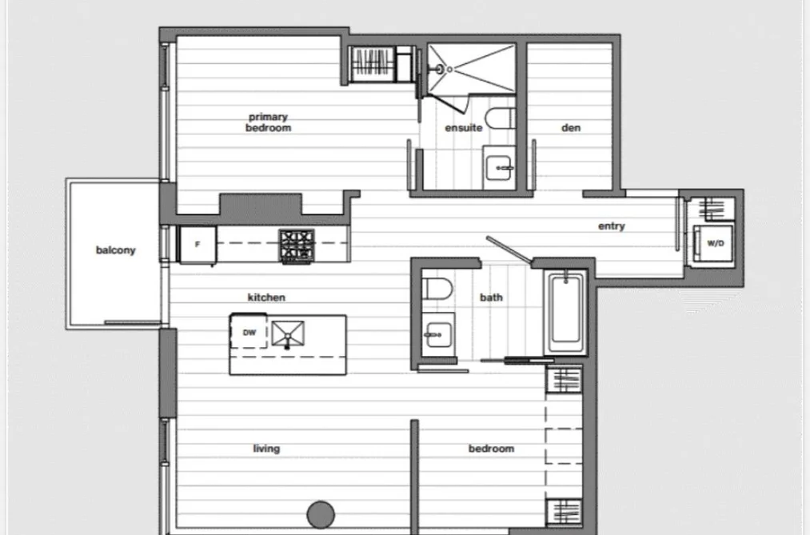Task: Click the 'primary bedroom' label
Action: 268,122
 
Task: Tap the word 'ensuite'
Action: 464,128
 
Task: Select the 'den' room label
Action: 571,128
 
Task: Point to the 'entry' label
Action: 612,226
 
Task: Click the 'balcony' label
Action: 116,250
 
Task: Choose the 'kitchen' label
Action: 266,297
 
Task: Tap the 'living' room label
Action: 266,449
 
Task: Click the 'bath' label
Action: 491,297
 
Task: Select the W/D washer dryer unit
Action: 713,244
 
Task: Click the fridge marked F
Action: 198,245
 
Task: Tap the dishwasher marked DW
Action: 249,331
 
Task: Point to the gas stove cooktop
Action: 297,246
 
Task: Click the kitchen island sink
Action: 288,333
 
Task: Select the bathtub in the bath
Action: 565,313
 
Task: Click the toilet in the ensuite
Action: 501,119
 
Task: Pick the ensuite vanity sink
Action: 498,168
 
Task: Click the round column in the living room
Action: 321,514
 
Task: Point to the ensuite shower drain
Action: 449,70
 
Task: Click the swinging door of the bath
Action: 509,251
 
